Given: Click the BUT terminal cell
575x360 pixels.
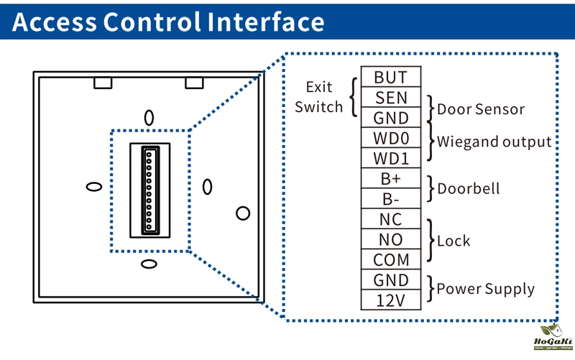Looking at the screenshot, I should click(x=391, y=77).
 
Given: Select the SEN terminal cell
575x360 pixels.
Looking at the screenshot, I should click(x=391, y=97).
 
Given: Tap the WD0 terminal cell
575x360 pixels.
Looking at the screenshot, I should click(x=391, y=137).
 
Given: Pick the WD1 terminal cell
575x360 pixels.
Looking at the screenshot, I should click(x=391, y=157).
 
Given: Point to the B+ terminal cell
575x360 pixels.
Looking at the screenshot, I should click(x=391, y=178).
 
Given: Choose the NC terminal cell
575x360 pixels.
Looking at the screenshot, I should click(x=391, y=218).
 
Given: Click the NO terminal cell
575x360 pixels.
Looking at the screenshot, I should click(x=391, y=239).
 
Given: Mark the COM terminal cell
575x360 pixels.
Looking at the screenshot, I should click(x=391, y=259).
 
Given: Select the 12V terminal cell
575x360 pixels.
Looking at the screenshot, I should click(x=391, y=300).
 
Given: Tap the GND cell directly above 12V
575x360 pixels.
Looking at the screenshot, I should click(x=391, y=280).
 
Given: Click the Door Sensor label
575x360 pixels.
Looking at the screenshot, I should click(x=481, y=110).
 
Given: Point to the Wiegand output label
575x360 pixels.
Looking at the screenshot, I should click(x=494, y=142).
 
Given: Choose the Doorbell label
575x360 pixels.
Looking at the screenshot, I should click(x=468, y=189).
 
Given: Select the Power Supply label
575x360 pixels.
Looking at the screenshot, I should click(x=486, y=290).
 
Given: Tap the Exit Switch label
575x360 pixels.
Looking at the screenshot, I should click(x=318, y=97).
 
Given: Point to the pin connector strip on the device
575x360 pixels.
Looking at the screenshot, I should click(x=149, y=190).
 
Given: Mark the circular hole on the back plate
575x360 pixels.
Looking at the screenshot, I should click(x=243, y=213).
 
